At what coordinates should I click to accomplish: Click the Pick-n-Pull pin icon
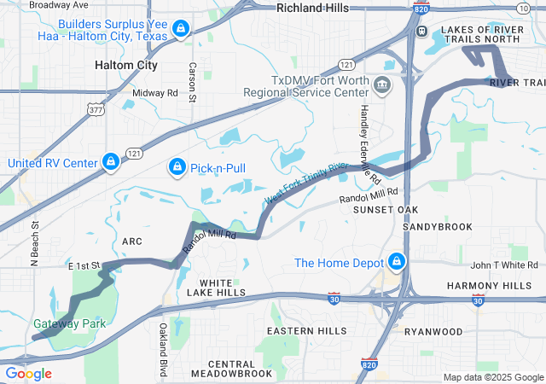coord(177,166)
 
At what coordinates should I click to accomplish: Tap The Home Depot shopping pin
coord(397,261)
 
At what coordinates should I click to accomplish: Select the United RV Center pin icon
coord(110,161)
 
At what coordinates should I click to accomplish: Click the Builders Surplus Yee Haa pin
coord(179,30)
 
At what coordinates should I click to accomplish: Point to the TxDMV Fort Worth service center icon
coord(381,84)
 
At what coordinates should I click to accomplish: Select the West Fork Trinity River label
coord(307,183)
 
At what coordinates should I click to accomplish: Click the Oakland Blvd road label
coord(162,350)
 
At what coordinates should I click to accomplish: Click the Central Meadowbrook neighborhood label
coord(230,369)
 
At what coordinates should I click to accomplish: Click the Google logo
coord(28,374)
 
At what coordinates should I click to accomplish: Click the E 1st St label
coord(84,266)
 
